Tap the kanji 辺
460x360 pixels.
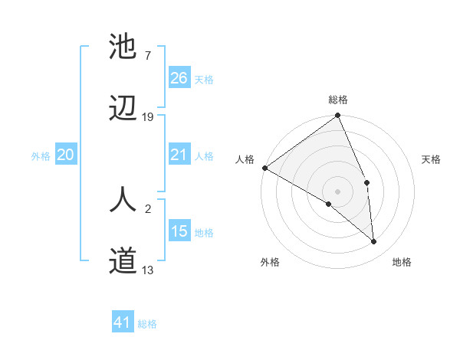point(123,109)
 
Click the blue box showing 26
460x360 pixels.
point(179,78)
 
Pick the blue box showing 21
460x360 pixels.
point(179,155)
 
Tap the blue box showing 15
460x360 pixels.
point(179,232)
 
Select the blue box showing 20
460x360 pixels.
point(66,155)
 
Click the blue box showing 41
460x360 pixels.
point(123,323)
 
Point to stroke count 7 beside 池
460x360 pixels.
point(147,55)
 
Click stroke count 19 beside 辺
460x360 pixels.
point(148,116)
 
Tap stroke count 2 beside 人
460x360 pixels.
point(147,207)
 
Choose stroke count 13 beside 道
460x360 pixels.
point(148,270)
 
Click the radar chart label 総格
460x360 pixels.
point(338,100)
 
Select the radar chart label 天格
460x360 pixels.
point(431,159)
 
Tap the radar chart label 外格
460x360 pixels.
point(270,262)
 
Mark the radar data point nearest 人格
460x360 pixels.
point(264,168)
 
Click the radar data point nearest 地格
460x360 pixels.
point(374,241)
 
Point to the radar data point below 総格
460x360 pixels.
point(338,116)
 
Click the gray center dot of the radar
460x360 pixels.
point(338,191)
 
